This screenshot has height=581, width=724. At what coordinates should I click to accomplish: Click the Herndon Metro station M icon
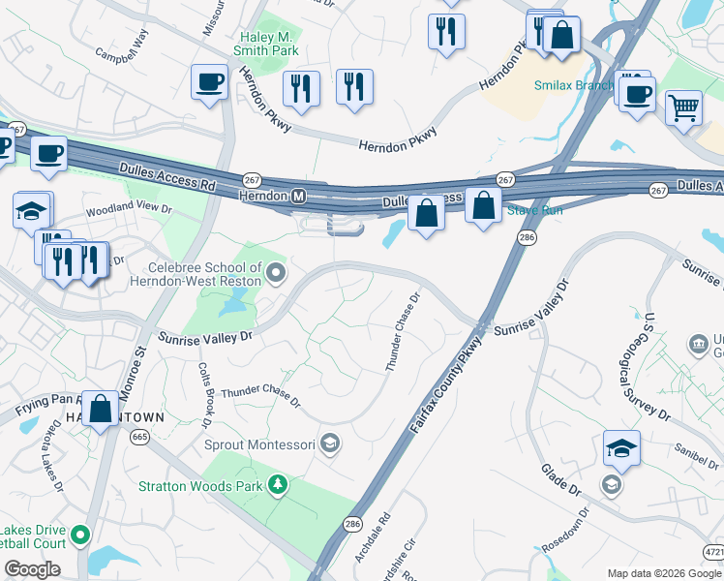click(300, 197)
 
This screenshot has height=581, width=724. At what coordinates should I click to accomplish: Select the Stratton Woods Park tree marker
click(278, 483)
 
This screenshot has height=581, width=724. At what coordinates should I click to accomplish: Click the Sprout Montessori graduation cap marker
click(330, 443)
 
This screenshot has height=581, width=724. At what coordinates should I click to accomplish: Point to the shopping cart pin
click(683, 107)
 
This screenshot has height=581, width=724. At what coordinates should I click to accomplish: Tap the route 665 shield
click(141, 438)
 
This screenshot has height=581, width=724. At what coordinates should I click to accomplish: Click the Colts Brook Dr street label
click(204, 395)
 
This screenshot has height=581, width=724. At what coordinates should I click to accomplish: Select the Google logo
click(32, 569)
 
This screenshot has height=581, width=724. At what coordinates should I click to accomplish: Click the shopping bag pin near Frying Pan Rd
click(101, 409)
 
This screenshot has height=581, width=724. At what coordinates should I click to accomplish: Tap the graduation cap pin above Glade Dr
click(621, 448)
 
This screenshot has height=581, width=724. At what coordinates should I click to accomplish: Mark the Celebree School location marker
click(276, 274)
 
